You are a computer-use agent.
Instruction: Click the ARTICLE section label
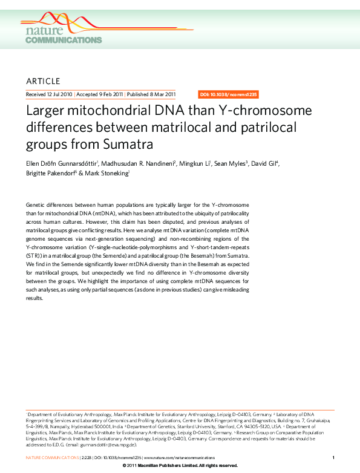click(x=43, y=81)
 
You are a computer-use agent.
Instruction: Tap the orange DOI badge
click(x=229, y=95)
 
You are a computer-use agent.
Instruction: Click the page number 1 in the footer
click(x=334, y=458)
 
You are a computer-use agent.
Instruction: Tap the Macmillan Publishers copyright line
click(x=180, y=466)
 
